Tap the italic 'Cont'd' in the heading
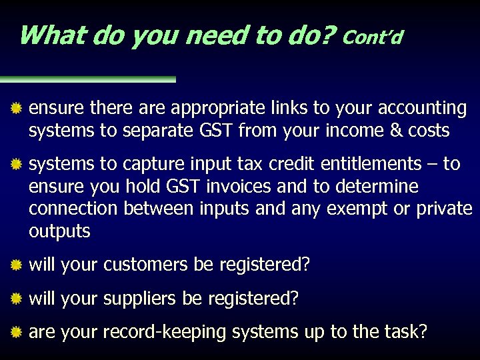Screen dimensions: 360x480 coord(373,37)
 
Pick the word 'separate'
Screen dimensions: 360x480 coord(147,131)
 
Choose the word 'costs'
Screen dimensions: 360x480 coord(426,131)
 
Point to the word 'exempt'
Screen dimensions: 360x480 coord(359,209)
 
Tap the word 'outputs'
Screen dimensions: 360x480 coord(59,231)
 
